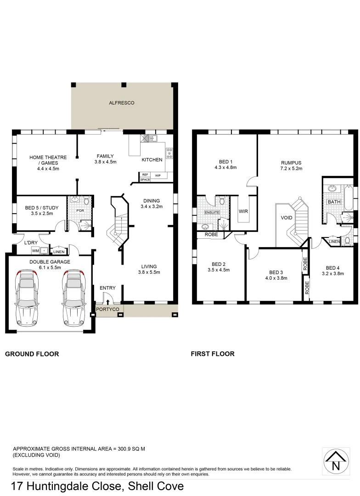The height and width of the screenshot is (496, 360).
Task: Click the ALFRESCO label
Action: (122, 103)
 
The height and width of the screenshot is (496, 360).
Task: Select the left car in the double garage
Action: (27, 298)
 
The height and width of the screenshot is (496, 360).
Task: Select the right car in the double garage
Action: (74, 298)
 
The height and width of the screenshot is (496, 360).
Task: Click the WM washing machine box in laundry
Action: (35, 251)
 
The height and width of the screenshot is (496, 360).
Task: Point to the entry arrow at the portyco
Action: (108, 302)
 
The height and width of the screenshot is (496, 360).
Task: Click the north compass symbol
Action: (336, 462)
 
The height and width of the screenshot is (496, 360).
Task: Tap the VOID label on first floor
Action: (287, 218)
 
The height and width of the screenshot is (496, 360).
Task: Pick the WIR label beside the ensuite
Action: (243, 212)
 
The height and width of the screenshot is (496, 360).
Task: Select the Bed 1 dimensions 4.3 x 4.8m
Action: (225, 168)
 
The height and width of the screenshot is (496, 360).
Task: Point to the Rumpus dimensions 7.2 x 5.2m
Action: (291, 169)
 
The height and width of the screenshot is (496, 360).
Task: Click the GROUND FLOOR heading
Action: (32, 354)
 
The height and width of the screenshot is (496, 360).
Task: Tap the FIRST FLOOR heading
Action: (213, 354)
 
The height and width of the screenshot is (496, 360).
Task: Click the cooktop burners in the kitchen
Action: (169, 153)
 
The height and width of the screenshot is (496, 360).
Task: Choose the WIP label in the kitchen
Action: (157, 175)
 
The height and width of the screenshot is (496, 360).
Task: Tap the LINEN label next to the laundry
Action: (59, 251)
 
